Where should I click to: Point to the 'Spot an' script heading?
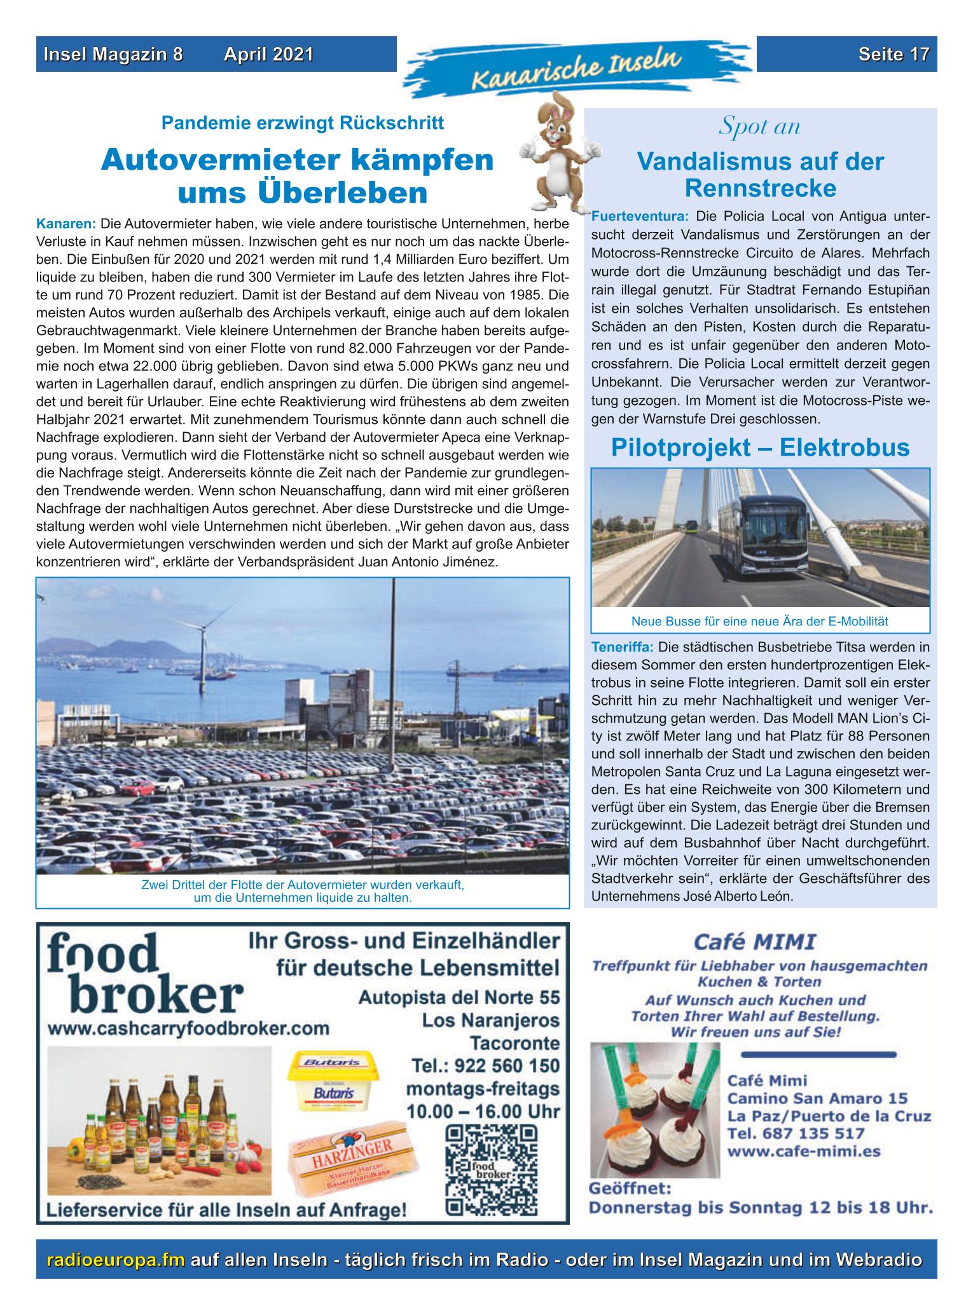pyautogui.click(x=759, y=126)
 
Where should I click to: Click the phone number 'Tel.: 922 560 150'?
pyautogui.click(x=483, y=1065)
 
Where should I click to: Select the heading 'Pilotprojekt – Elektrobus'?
pyautogui.click(x=760, y=447)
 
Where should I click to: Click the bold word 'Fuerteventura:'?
pyautogui.click(x=639, y=215)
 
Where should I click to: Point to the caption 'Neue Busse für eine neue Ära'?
pyautogui.click(x=759, y=621)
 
